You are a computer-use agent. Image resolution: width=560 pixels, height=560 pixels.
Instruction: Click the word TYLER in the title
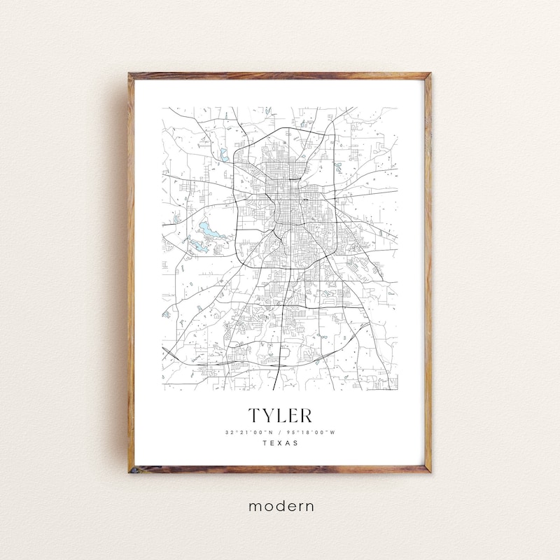[x=279, y=415]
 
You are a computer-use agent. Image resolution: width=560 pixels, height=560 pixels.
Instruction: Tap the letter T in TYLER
[x=253, y=415]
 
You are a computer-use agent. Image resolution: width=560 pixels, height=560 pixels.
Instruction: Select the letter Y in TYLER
[x=267, y=415]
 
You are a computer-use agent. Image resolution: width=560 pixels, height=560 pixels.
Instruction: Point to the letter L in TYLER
[x=281, y=415]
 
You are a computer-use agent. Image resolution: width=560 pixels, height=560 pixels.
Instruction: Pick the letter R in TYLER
[x=305, y=415]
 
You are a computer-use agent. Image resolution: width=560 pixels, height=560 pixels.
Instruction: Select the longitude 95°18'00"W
[x=311, y=432]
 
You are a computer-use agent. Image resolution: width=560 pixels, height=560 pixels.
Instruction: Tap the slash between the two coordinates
[x=280, y=432]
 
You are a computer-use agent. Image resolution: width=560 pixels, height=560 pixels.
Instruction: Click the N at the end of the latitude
[x=272, y=432]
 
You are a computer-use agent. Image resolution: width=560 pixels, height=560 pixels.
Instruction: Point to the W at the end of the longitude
[x=333, y=432]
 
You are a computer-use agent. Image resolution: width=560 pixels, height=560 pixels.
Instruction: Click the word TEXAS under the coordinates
[x=280, y=443]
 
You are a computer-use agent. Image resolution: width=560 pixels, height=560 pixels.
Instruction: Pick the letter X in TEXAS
[x=280, y=443]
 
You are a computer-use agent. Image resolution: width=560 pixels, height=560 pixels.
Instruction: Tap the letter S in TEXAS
[x=296, y=443]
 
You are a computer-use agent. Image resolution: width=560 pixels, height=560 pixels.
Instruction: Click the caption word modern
[x=279, y=505]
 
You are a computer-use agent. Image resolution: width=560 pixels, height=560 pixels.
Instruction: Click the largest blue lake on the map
[x=208, y=228]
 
